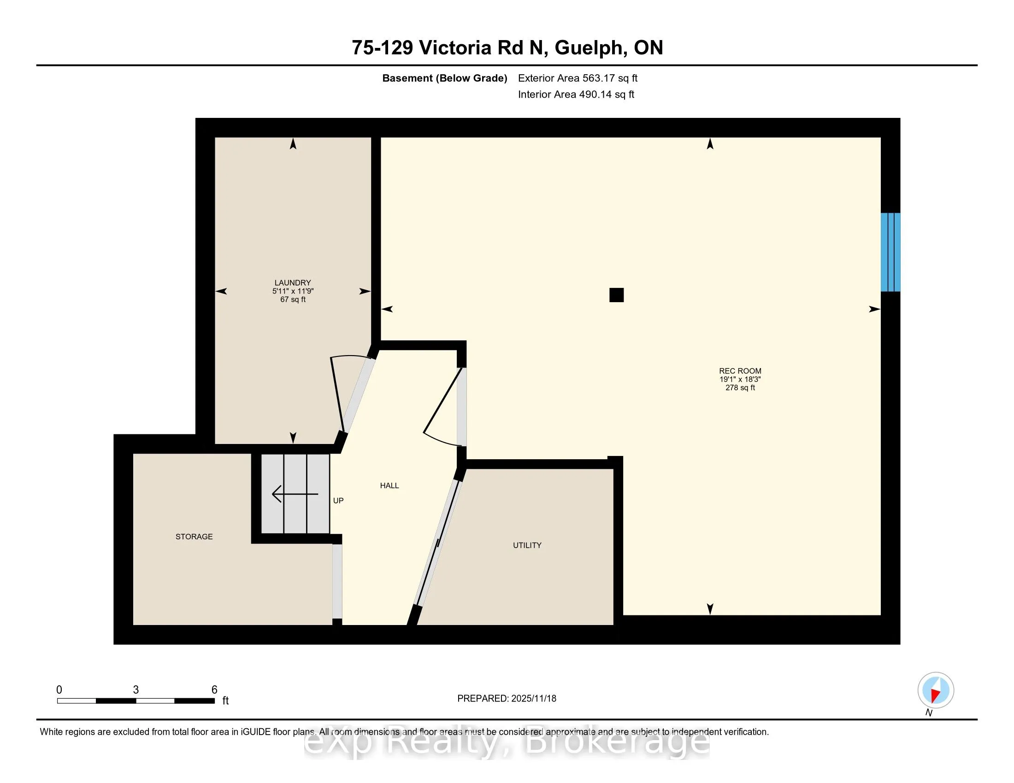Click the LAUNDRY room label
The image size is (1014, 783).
[293, 282]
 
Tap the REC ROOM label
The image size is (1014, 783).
[740, 371]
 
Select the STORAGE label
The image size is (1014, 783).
[194, 537]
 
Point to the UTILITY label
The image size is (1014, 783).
[527, 545]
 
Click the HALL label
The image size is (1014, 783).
[389, 485]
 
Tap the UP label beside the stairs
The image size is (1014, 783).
[338, 501]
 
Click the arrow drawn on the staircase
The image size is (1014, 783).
[295, 494]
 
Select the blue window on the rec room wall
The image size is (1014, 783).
[890, 252]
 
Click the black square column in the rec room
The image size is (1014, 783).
[617, 295]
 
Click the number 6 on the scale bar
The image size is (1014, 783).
[214, 690]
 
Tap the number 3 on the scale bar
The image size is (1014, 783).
[136, 690]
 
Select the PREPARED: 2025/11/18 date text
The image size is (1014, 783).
[507, 699]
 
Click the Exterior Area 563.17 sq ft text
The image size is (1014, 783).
[578, 78]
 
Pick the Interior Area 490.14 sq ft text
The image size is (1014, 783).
[576, 94]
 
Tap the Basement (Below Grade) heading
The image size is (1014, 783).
[444, 78]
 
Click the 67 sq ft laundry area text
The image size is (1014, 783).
[293, 300]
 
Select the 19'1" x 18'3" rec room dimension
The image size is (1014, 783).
[740, 379]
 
